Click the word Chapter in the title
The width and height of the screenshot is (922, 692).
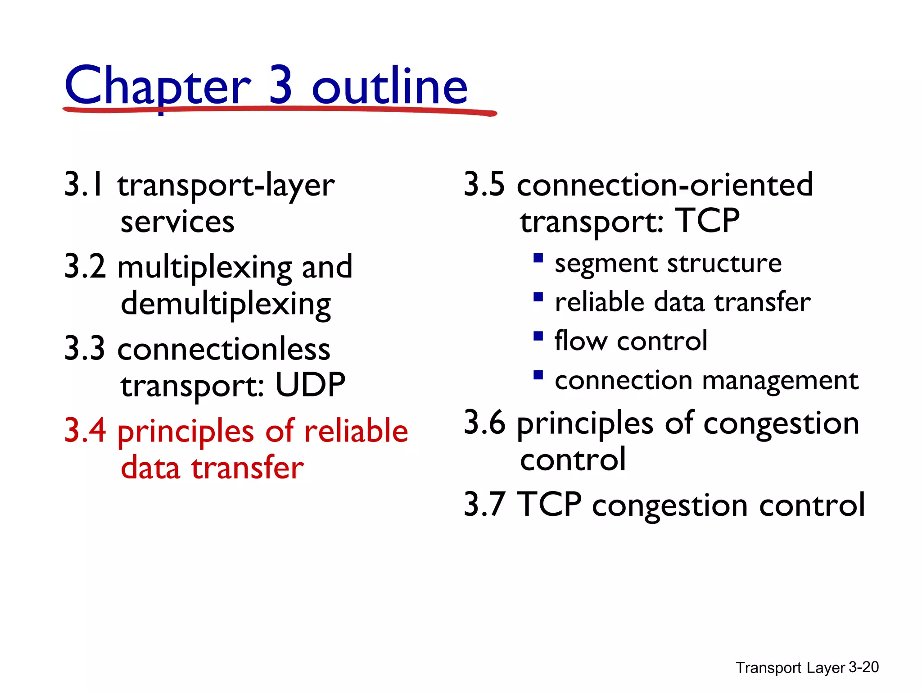[157, 86]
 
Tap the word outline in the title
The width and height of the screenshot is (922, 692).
[389, 86]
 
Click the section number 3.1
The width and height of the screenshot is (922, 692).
[85, 185]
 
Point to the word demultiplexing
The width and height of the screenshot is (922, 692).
[226, 305]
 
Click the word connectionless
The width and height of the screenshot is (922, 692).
[224, 349]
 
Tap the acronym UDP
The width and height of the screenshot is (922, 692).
[310, 385]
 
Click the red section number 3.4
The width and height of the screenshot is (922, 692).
[85, 431]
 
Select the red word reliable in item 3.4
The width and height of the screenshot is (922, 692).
[356, 431]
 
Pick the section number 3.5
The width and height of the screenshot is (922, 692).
[484, 185]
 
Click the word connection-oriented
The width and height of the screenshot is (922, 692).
[665, 185]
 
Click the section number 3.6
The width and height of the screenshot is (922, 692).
[484, 423]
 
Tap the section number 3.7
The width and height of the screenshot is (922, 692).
[484, 505]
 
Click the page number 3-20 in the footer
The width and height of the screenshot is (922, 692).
[863, 667]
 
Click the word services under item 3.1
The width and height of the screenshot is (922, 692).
[177, 222]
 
